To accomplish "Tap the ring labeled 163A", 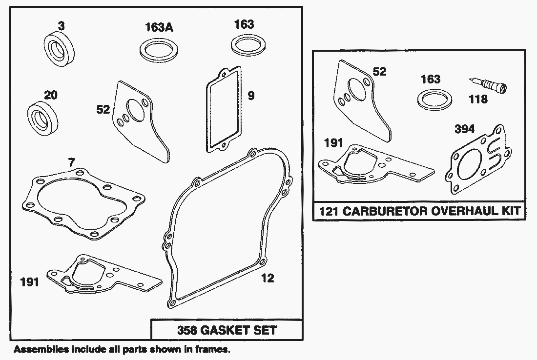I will tap(158, 49).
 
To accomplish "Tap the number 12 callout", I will tap(268, 278).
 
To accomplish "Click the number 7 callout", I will tap(72, 162).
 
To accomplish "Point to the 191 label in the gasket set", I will tap(29, 282).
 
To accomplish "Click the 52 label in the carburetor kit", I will tap(379, 72).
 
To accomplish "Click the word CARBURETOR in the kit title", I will tap(393, 212).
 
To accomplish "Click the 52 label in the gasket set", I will tap(103, 109).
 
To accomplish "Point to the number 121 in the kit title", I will tap(329, 212).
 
